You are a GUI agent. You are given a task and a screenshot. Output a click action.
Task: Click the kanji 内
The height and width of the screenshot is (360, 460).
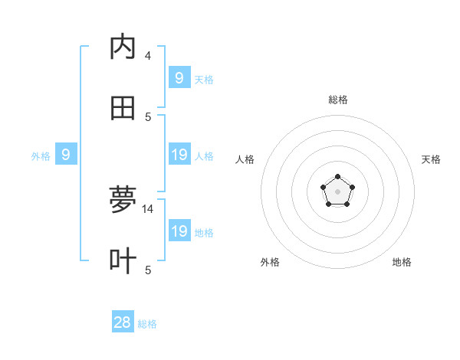coord(123,47)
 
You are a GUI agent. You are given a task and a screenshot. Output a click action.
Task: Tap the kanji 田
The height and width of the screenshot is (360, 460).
coord(123,109)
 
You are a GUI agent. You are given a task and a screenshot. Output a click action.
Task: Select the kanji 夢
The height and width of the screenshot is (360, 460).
coord(123,199)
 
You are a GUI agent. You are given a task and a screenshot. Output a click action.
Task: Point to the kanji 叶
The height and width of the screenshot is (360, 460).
coord(123,260)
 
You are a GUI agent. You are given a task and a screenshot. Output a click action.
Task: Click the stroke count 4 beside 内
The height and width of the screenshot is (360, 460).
coord(148,55)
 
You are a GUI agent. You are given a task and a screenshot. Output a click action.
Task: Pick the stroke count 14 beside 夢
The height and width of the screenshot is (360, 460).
coord(149,208)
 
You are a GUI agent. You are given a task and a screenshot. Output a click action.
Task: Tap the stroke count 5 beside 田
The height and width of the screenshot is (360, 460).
coord(148,116)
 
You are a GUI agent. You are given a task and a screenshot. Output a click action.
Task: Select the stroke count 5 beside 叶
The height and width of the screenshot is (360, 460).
coord(148,269)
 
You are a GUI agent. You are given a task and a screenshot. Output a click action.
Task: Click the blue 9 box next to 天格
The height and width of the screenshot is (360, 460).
coord(179,77)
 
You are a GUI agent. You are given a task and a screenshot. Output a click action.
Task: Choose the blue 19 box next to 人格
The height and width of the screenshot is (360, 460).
coord(179,155)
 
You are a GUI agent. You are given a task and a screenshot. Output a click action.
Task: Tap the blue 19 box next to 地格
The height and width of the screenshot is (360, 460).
coord(179,231)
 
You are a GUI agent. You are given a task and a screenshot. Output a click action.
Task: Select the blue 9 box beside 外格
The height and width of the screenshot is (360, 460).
coord(66,155)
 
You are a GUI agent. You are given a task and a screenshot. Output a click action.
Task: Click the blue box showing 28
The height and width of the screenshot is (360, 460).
coord(123,322)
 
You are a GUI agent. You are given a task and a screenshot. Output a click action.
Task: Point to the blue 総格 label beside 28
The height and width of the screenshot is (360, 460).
coord(147,324)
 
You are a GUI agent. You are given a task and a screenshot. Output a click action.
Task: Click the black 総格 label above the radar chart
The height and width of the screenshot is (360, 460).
coord(337,100)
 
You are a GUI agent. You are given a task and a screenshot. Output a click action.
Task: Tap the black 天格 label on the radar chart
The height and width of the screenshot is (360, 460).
coord(431,159)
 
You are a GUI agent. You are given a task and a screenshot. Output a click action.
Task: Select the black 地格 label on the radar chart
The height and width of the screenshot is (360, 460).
coord(402,262)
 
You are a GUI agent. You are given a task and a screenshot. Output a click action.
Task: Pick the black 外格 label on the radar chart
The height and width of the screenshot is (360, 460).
coord(270,262)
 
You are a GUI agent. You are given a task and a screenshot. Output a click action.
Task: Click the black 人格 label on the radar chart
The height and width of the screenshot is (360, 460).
coord(245,159)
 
